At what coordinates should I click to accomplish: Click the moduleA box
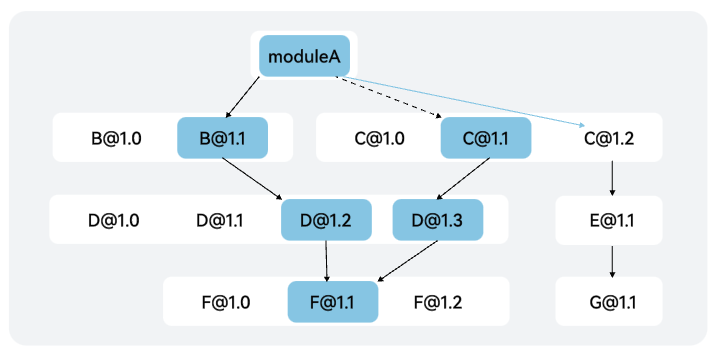point(305,56)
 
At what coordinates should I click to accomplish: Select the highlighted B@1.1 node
point(222,138)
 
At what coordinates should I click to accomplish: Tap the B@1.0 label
point(116,138)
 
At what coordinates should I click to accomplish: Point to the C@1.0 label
point(379,138)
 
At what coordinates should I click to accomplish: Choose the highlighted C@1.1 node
point(486,138)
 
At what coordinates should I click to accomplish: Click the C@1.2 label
point(609,138)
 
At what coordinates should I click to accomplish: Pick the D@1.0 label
point(114,220)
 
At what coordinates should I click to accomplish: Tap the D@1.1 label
point(220,220)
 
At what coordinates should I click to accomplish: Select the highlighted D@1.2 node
point(326,220)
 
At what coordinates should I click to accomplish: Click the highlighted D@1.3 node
point(438,220)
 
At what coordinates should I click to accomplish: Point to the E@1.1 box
point(609,220)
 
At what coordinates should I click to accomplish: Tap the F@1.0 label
point(226,302)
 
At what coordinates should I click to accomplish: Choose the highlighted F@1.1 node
point(333,302)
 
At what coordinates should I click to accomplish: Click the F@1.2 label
point(438,302)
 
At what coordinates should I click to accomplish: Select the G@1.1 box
point(609,302)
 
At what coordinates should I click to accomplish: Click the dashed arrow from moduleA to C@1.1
point(389,97)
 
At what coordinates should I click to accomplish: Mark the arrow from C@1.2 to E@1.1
point(612,178)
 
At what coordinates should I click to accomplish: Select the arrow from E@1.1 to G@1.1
point(612,261)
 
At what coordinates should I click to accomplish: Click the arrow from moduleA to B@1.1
point(242,97)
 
